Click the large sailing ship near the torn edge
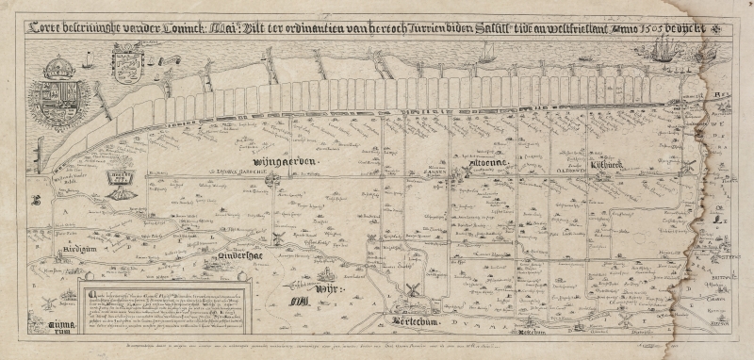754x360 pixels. pyautogui.click(x=658, y=51)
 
